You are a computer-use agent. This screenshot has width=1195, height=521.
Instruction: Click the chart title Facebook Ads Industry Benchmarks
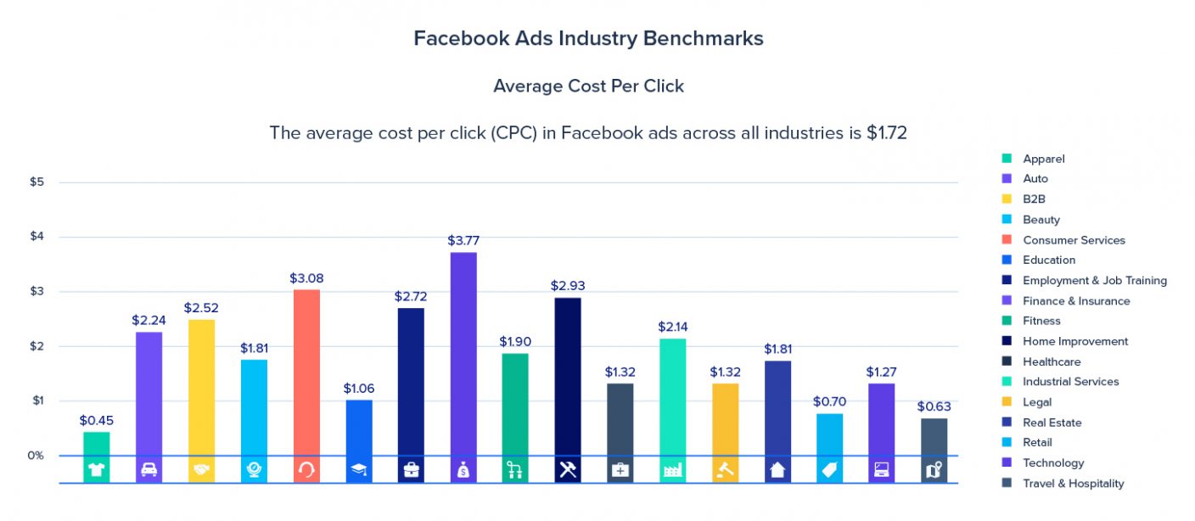(588, 38)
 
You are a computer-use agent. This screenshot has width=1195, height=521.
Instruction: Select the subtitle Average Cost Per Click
(588, 86)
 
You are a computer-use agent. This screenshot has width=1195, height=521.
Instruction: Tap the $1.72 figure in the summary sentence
(886, 133)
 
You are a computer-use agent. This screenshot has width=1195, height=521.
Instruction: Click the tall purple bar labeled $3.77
(463, 352)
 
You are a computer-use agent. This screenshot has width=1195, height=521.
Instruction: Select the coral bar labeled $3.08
(306, 372)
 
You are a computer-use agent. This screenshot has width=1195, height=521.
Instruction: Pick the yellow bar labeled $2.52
(201, 386)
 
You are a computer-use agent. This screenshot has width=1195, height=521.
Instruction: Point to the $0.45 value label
(96, 420)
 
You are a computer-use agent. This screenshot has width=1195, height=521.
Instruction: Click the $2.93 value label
(568, 286)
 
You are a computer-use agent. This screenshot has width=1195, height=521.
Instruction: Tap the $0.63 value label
(934, 406)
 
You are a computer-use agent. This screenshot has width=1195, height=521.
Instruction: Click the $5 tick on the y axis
(37, 182)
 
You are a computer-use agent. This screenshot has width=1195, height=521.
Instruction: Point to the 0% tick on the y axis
(35, 456)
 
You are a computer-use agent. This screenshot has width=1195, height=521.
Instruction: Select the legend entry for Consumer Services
(1074, 240)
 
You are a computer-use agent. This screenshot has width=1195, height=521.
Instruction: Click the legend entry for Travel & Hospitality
(1073, 484)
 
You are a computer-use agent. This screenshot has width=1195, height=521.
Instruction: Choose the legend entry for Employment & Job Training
(1094, 281)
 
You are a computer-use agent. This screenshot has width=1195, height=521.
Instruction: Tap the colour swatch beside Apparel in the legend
(1007, 159)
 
